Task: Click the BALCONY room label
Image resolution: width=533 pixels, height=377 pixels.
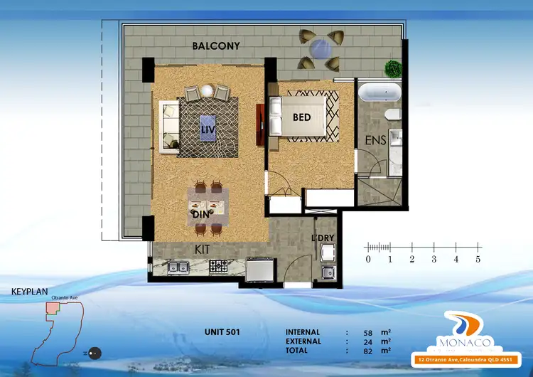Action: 216,46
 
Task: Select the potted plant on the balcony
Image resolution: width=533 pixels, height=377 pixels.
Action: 392,69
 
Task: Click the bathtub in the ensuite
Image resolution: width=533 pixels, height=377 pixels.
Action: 379,93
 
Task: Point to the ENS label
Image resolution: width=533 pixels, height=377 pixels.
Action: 375,141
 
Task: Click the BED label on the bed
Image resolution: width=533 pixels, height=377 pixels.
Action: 302,117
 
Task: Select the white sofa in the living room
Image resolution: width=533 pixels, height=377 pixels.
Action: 169,126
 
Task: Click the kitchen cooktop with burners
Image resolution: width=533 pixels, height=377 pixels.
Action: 217,267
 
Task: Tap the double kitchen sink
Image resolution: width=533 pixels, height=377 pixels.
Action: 178,267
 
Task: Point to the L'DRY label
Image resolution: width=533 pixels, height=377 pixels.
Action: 324,238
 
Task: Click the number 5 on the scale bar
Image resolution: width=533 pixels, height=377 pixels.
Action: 478,259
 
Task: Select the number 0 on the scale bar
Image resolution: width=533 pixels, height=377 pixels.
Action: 367,259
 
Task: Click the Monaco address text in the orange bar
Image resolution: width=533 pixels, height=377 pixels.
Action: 470,359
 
